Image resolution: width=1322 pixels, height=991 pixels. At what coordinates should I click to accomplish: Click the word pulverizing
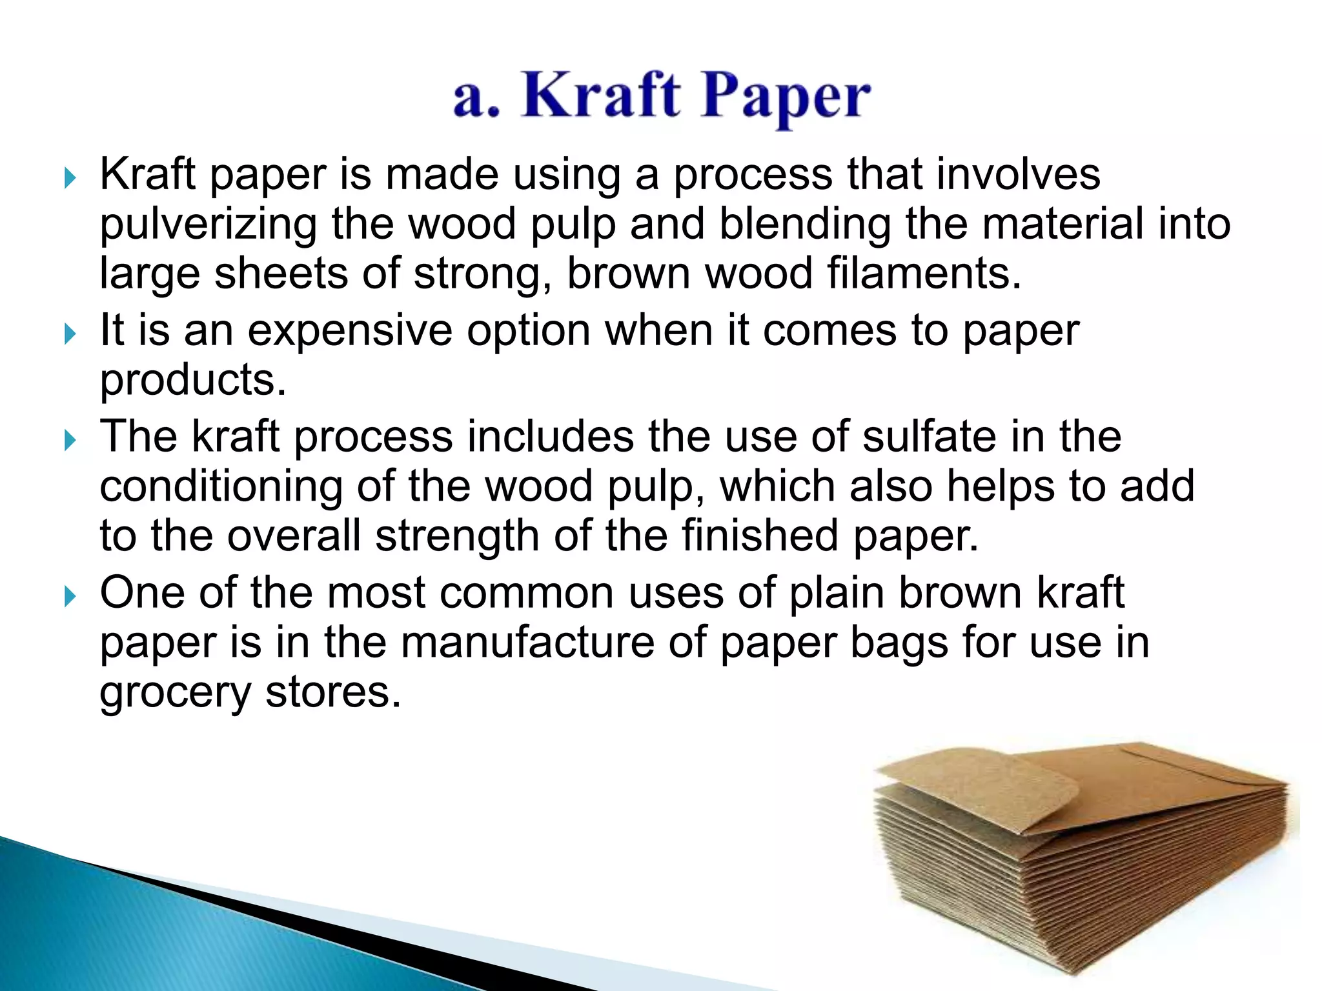click(208, 225)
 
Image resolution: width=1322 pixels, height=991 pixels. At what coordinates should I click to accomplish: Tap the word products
click(192, 381)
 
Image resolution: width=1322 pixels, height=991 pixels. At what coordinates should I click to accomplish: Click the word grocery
click(175, 694)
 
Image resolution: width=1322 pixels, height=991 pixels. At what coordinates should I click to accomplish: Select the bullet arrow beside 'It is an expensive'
click(70, 334)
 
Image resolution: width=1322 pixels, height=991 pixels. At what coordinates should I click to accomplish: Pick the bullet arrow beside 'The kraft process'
click(70, 440)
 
